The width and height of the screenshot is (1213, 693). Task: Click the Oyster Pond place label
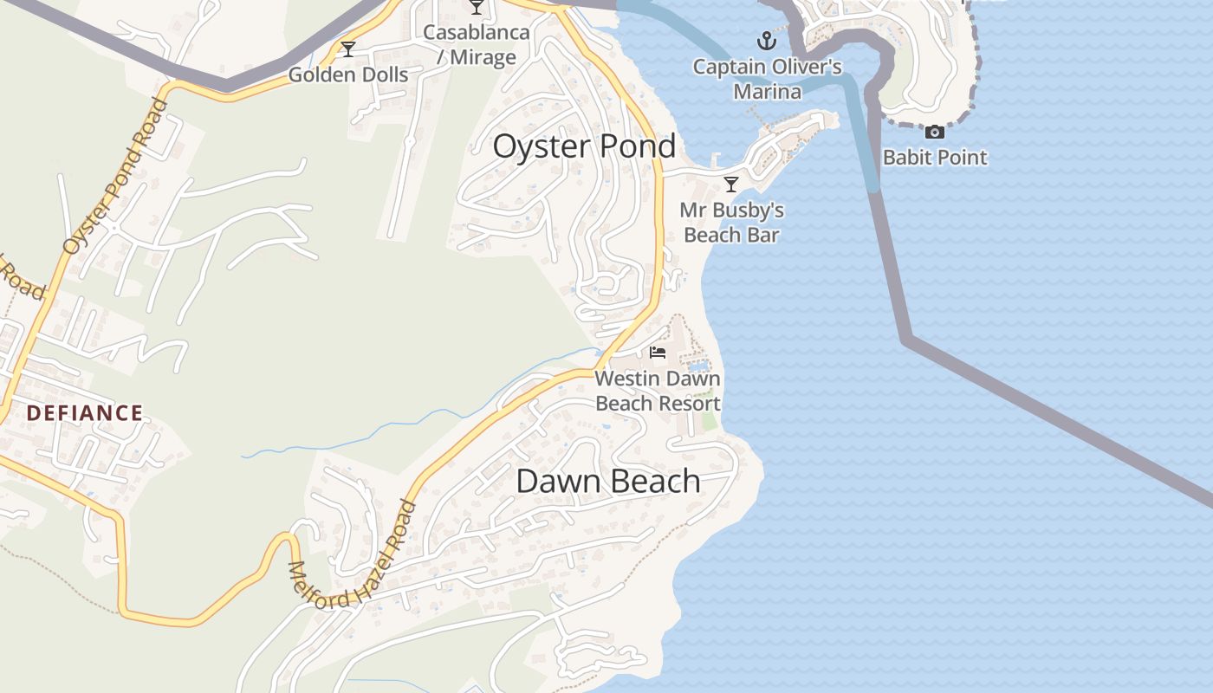tap(584, 146)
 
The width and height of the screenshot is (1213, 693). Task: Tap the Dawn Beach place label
tap(607, 482)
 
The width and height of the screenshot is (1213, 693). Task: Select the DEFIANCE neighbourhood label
tap(85, 413)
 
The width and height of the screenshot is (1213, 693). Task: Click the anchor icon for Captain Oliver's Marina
tap(766, 40)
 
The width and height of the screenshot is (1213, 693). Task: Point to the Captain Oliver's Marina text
tap(767, 78)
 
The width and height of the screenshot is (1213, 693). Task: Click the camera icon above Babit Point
tap(934, 133)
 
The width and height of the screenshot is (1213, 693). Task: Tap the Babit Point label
tap(934, 158)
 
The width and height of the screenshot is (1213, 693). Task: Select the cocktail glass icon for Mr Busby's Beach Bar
tap(731, 184)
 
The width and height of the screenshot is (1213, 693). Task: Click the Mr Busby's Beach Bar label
tap(731, 223)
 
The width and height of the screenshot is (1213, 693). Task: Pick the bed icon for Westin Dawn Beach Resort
tap(658, 353)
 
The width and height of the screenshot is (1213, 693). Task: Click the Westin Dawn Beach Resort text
tap(658, 392)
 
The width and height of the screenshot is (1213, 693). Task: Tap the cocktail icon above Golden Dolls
tap(347, 49)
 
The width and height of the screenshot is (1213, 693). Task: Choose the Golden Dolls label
tap(347, 75)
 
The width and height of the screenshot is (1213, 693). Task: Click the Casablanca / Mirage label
tap(476, 45)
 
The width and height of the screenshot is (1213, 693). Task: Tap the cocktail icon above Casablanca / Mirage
tap(476, 8)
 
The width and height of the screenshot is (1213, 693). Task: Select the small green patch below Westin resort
tap(710, 421)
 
